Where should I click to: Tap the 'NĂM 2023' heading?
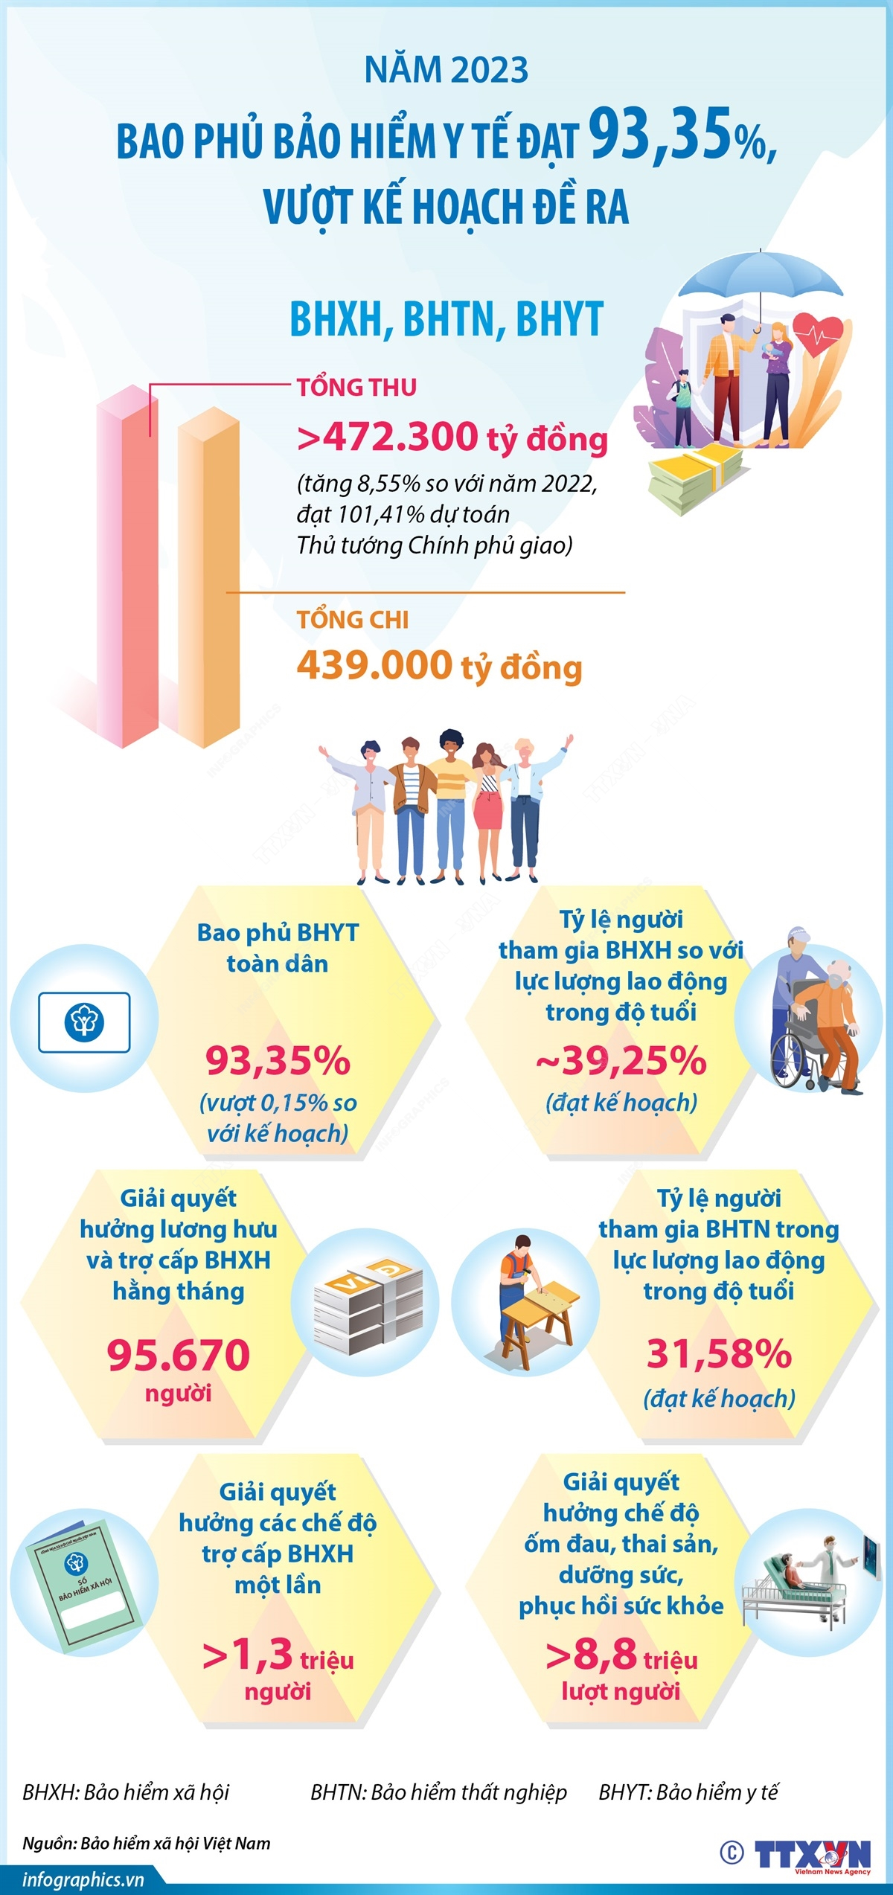pyautogui.click(x=446, y=70)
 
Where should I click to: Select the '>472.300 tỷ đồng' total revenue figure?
pyautogui.click(x=452, y=437)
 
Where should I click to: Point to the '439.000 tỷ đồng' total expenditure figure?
pyautogui.click(x=439, y=666)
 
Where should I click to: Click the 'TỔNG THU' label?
pyautogui.click(x=356, y=387)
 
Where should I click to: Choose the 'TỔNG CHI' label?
pyautogui.click(x=352, y=619)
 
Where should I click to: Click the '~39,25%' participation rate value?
pyautogui.click(x=621, y=1060)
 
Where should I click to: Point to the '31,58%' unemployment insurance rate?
pyautogui.click(x=719, y=1353)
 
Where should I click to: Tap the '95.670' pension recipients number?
pyautogui.click(x=179, y=1355)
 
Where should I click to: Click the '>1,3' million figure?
pyautogui.click(x=248, y=1655)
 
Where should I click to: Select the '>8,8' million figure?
pyautogui.click(x=592, y=1655)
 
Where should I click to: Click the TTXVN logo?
pyautogui.click(x=811, y=1854)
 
